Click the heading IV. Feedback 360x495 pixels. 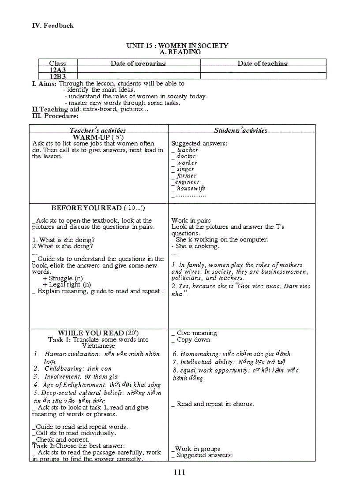click(x=52, y=26)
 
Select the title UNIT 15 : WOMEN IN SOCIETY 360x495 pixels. click(x=177, y=45)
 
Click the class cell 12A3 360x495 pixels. click(x=57, y=70)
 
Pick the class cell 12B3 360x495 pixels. click(x=57, y=76)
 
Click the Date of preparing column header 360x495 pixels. click(x=138, y=63)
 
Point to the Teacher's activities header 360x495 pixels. click(x=97, y=130)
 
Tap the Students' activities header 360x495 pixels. click(x=240, y=130)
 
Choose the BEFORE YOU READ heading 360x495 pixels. click(x=86, y=208)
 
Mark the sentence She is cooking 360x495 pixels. click(x=197, y=246)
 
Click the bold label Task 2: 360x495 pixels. click(x=43, y=446)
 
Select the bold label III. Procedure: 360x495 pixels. click(x=55, y=116)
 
